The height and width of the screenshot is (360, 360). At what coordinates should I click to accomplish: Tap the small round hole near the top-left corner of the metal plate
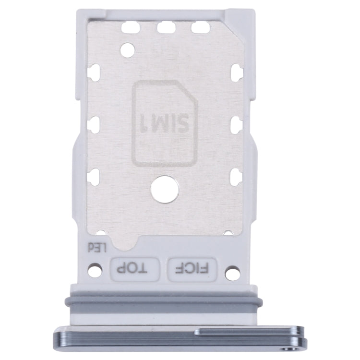coord(128,48)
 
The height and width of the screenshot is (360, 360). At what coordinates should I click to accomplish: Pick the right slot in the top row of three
coord(200,28)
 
